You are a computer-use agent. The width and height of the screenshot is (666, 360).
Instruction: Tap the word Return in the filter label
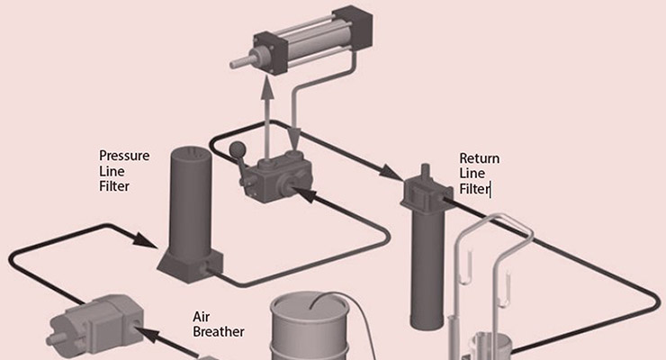pos(479,158)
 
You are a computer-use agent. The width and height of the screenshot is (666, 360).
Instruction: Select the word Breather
pos(219,331)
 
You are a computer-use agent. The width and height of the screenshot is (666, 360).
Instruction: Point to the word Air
pos(202,316)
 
